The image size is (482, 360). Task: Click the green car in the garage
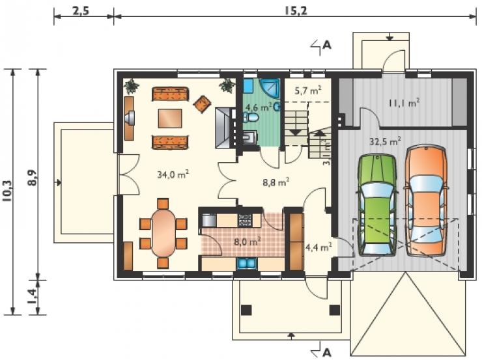pyautogui.click(x=377, y=205)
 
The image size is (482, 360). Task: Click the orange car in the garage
pyautogui.click(x=427, y=201)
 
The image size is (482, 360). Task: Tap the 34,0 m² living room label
pyautogui.click(x=173, y=174)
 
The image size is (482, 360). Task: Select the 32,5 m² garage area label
pyautogui.click(x=385, y=142)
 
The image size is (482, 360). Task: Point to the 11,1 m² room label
pyautogui.click(x=404, y=103)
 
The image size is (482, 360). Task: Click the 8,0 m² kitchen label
pyautogui.click(x=248, y=241)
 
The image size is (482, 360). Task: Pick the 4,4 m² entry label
pyautogui.click(x=319, y=247)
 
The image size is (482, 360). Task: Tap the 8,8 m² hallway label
pyautogui.click(x=276, y=182)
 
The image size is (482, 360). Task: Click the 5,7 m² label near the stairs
pyautogui.click(x=308, y=90)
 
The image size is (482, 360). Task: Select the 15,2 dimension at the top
pyautogui.click(x=295, y=11)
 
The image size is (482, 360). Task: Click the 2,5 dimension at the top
pyautogui.click(x=81, y=11)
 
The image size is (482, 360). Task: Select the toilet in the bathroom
pyautogui.click(x=251, y=117)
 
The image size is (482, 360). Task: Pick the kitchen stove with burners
pyautogui.click(x=245, y=220)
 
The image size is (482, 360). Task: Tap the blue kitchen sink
pyautogui.click(x=247, y=264)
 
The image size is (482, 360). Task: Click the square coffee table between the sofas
pyautogui.click(x=170, y=118)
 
